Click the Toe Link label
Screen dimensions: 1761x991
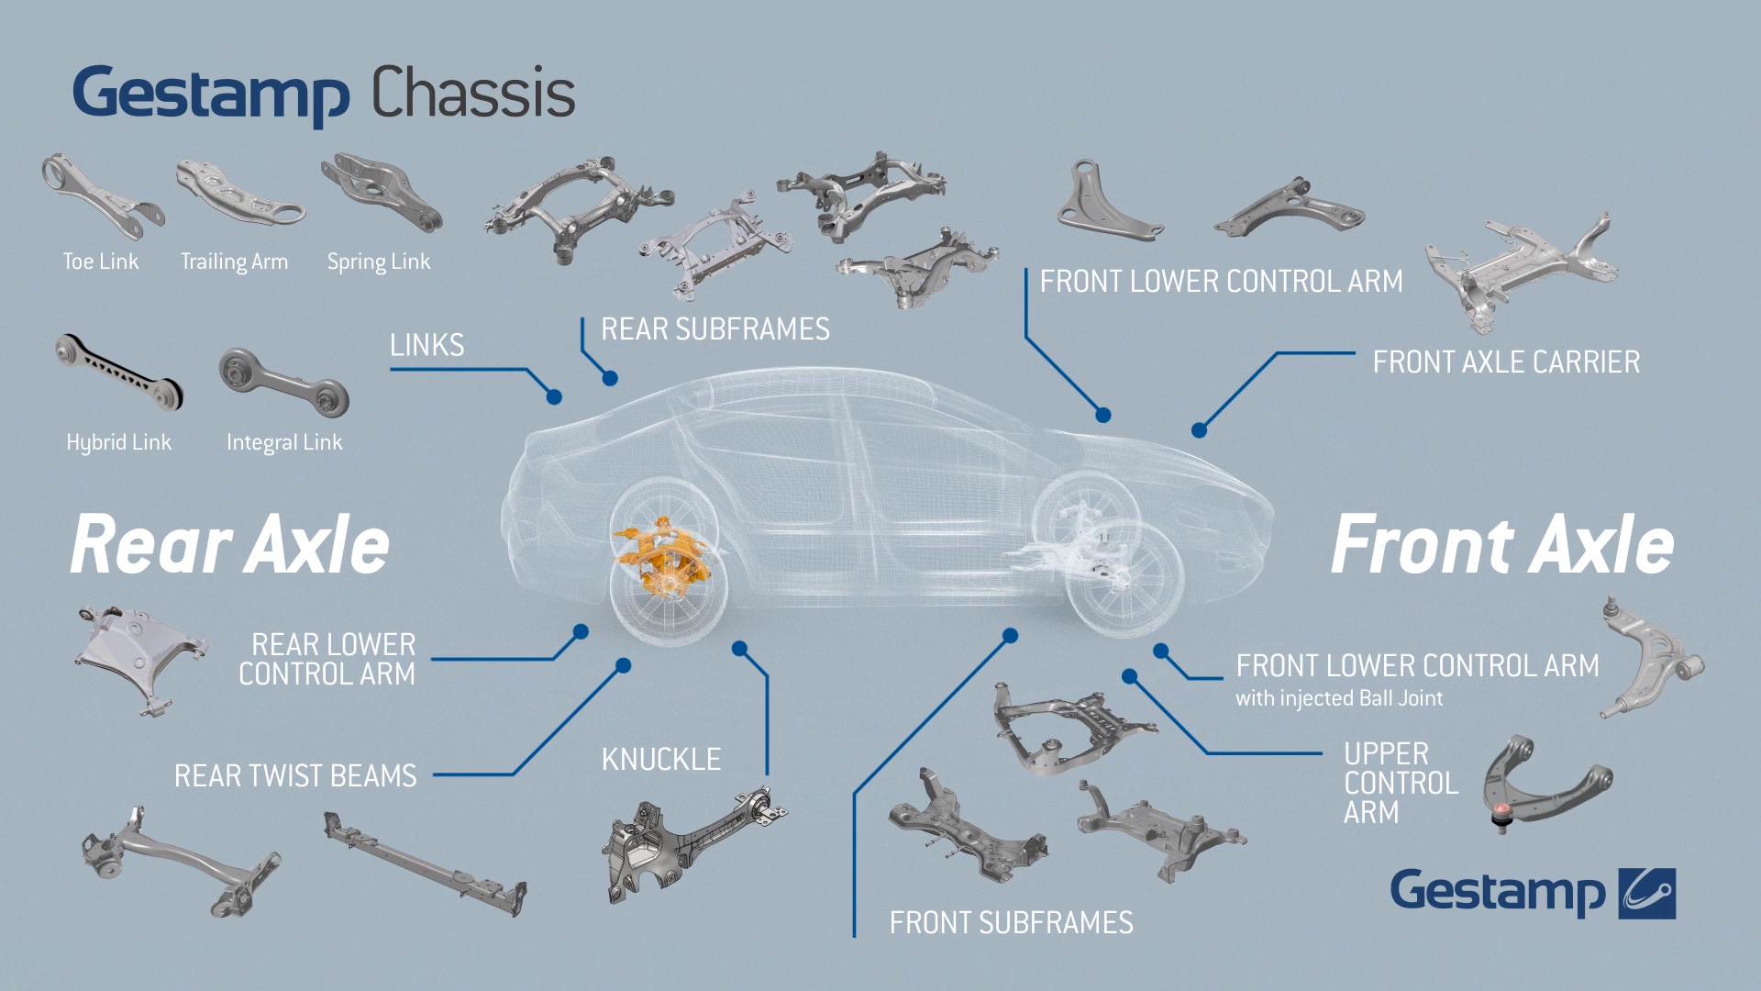pyautogui.click(x=101, y=262)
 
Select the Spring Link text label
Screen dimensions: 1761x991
pyautogui.click(x=378, y=262)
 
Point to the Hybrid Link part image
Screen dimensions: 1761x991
pyautogui.click(x=117, y=372)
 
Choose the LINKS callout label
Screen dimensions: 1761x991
pyautogui.click(x=426, y=345)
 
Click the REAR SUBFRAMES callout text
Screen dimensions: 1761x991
pyautogui.click(x=714, y=329)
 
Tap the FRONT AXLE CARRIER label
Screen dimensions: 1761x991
pyautogui.click(x=1506, y=362)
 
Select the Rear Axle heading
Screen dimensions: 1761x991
pyautogui.click(x=230, y=545)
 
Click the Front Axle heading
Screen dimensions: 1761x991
pyautogui.click(x=1501, y=545)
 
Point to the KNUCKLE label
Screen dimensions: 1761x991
pyautogui.click(x=661, y=760)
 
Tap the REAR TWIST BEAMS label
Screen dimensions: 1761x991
pyautogui.click(x=295, y=776)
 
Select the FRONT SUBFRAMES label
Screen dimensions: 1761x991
pyautogui.click(x=1011, y=923)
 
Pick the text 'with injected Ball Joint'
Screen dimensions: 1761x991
pyautogui.click(x=1339, y=698)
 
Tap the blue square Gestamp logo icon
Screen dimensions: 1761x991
pyautogui.click(x=1646, y=893)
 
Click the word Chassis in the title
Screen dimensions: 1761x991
pyautogui.click(x=473, y=94)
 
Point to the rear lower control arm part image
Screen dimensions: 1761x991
pyautogui.click(x=138, y=656)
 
